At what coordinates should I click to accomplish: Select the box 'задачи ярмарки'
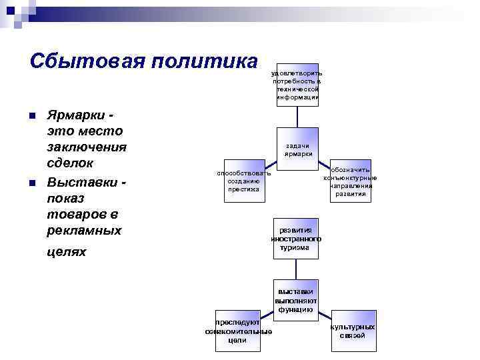tap(298, 149)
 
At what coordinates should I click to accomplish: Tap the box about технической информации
tap(297, 85)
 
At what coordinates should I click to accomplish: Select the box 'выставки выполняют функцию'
tap(297, 301)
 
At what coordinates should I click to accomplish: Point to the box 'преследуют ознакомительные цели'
tap(238, 331)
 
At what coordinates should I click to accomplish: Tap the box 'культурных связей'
tap(352, 331)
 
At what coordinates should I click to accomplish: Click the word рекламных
tap(84, 231)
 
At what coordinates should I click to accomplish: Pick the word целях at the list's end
tap(67, 253)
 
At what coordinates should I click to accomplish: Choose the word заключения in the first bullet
tap(87, 147)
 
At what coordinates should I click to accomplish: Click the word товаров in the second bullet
tap(76, 214)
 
